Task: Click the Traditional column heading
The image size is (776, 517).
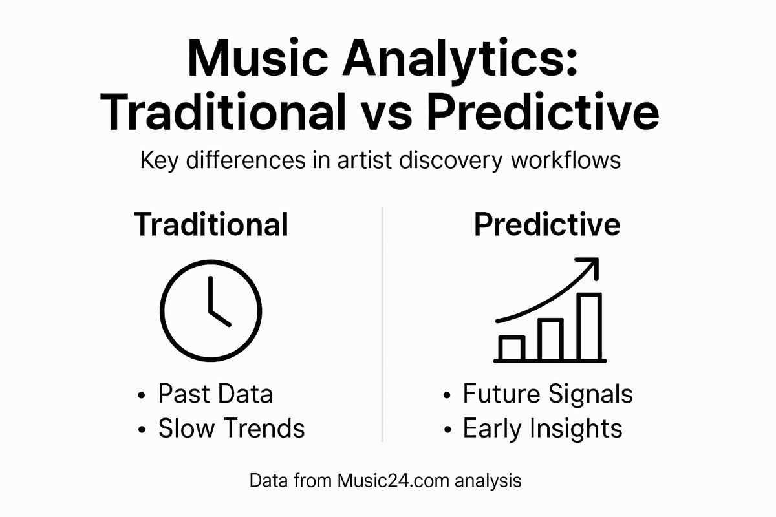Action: click(211, 224)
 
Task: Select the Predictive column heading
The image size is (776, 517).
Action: click(547, 224)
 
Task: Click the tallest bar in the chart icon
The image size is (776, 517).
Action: click(589, 326)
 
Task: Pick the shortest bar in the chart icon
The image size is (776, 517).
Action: click(512, 348)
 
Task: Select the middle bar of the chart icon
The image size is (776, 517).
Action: click(550, 339)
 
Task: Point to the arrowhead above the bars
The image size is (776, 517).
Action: click(588, 266)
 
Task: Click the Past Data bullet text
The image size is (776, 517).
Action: click(215, 394)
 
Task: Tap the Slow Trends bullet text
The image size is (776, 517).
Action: click(231, 428)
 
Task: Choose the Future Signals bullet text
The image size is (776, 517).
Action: click(548, 394)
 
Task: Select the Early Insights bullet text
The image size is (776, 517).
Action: click(543, 428)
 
